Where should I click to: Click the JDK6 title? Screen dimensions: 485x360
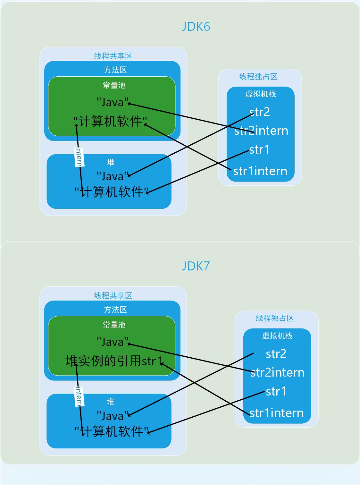pyautogui.click(x=196, y=27)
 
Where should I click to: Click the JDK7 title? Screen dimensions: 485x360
pyautogui.click(x=196, y=266)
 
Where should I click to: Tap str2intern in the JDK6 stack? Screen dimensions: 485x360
pyautogui.click(x=261, y=131)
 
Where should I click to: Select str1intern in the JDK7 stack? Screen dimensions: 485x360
pyautogui.click(x=276, y=413)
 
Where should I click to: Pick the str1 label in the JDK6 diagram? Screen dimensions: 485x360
pyautogui.click(x=259, y=149)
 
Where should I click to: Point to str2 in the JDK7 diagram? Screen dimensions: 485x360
pyautogui.click(x=276, y=354)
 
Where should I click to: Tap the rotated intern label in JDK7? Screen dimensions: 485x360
pyautogui.click(x=79, y=396)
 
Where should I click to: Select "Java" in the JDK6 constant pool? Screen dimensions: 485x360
pyautogui.click(x=113, y=103)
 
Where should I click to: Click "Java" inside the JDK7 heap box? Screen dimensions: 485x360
pyautogui.click(x=113, y=416)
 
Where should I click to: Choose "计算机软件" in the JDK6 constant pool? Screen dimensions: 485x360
pyautogui.click(x=110, y=122)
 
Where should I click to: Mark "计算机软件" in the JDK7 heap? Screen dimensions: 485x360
pyautogui.click(x=112, y=431)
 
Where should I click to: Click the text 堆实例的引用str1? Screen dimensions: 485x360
pyautogui.click(x=114, y=361)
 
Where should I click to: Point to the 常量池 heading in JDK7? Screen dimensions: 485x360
pyautogui.click(x=114, y=325)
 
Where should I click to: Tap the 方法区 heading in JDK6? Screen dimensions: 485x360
pyautogui.click(x=115, y=70)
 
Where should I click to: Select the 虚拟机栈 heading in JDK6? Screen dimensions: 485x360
pyautogui.click(x=261, y=94)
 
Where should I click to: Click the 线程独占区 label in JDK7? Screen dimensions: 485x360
pyautogui.click(x=275, y=318)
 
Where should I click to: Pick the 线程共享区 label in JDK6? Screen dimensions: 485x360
pyautogui.click(x=113, y=56)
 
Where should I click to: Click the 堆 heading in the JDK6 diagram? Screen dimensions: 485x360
pyautogui.click(x=111, y=162)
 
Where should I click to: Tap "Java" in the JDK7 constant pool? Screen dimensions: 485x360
pyautogui.click(x=113, y=342)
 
